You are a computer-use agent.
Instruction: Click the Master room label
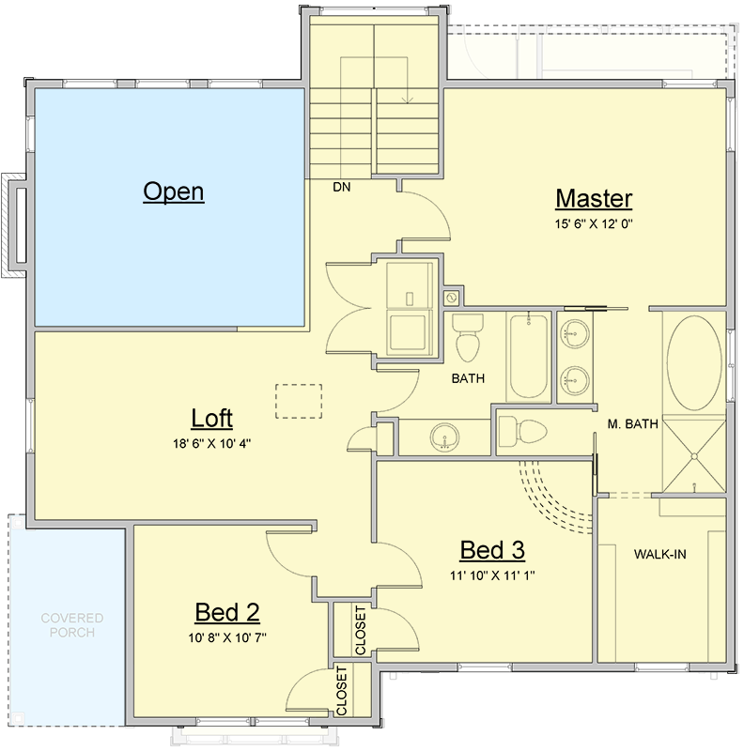point(594,199)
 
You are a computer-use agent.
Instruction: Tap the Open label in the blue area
point(174,192)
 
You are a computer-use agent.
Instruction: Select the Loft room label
point(211,418)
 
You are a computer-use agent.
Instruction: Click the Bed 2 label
point(227,613)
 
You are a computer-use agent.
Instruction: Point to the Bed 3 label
point(491,550)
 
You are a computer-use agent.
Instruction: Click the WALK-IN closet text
point(659,554)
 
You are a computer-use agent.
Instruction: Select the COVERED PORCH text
point(72,625)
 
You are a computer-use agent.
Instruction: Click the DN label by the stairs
point(342,187)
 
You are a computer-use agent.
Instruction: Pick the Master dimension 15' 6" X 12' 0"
point(594,223)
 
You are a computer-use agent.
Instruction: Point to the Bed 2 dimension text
point(227,637)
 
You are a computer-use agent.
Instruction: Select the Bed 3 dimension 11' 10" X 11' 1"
point(491,575)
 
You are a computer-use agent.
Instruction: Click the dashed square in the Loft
point(298,401)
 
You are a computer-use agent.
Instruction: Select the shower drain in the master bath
point(694,456)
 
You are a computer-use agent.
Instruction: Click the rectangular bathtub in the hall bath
point(530,358)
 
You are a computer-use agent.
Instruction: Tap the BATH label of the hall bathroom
point(467,379)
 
